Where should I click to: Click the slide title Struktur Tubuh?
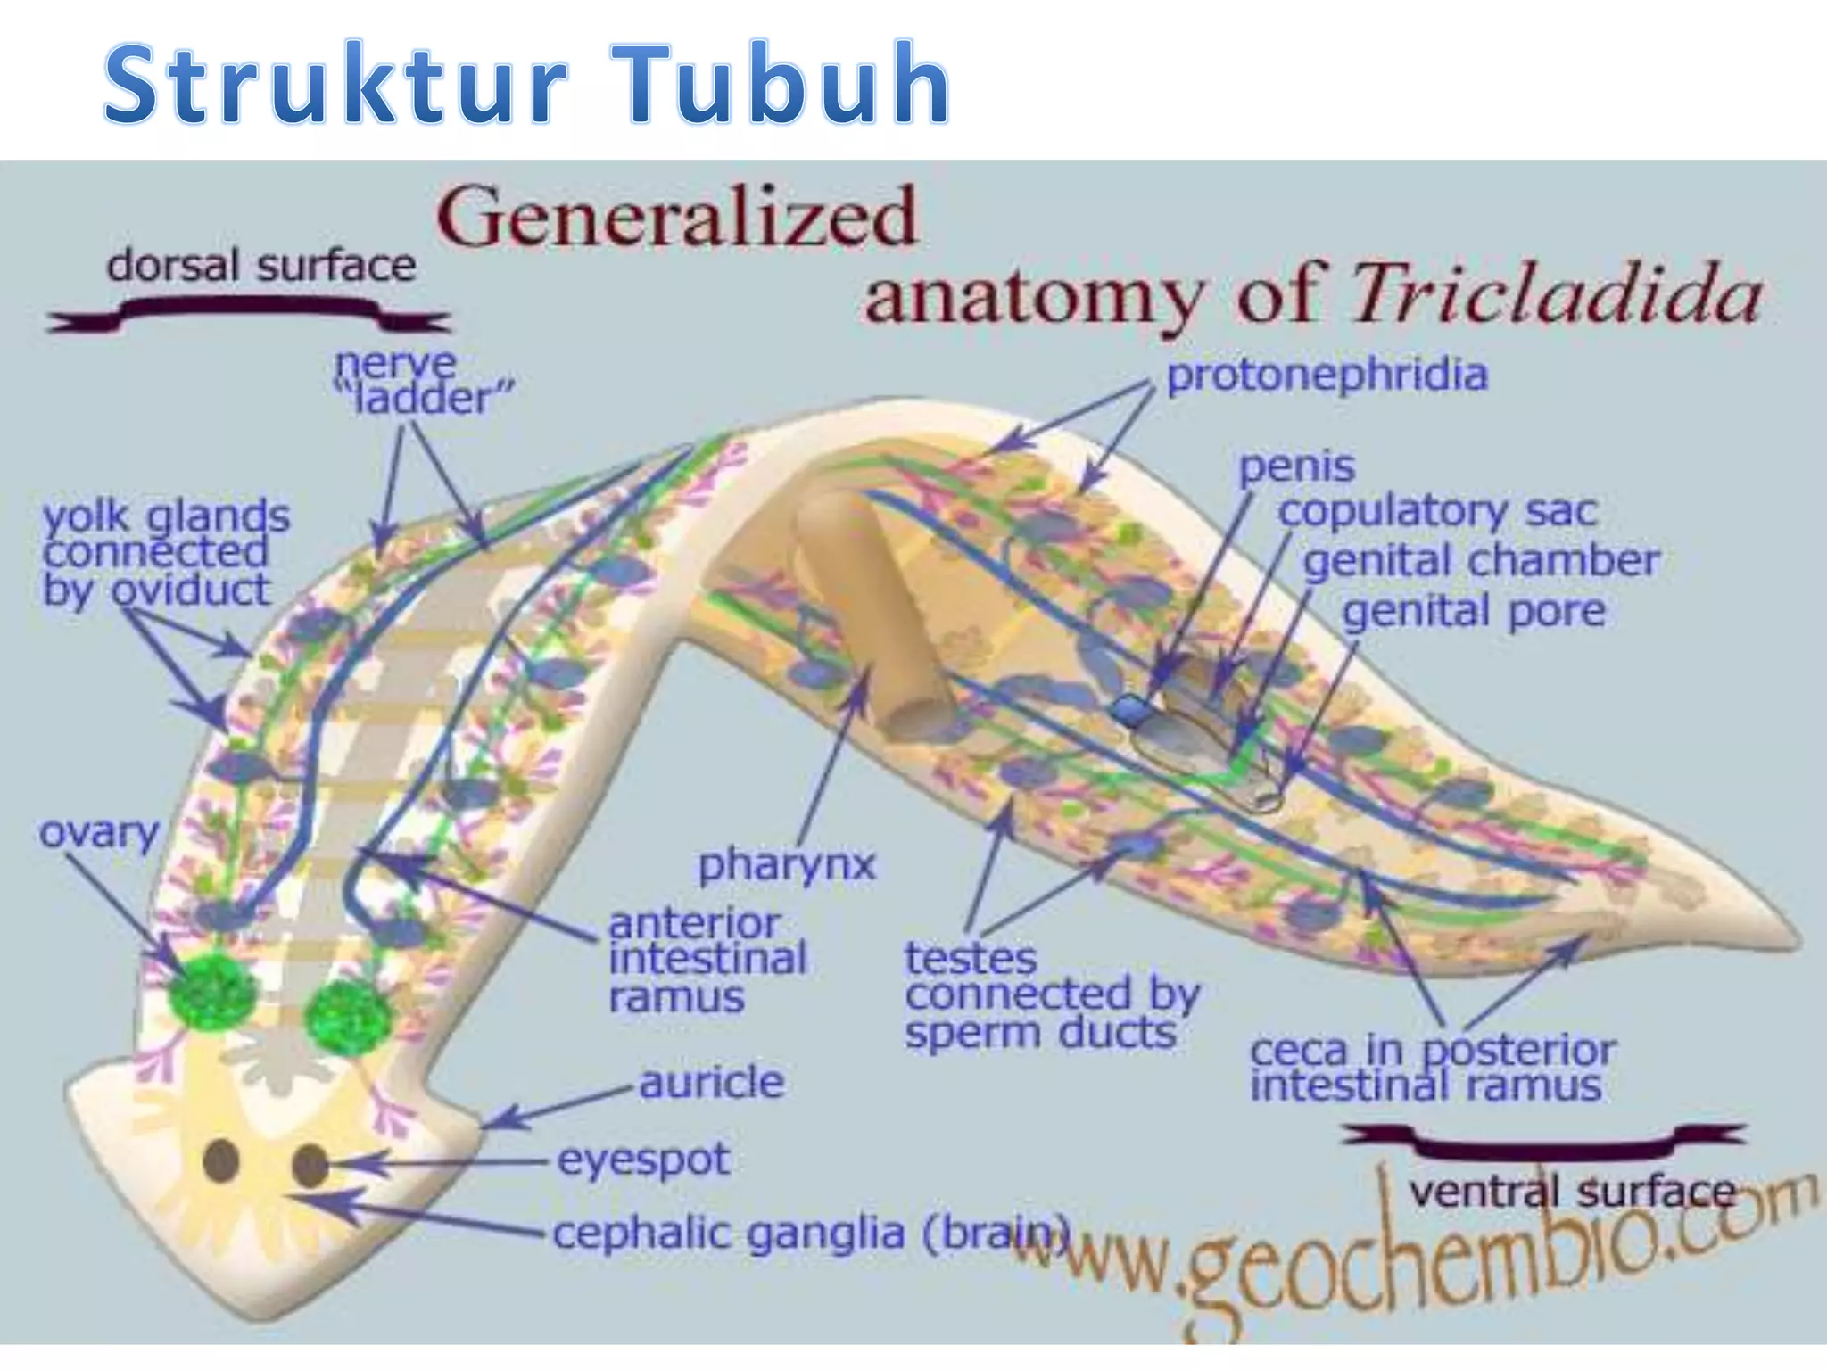pos(526,84)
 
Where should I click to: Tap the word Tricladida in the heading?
pos(1558,294)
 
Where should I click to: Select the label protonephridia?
pos(1327,375)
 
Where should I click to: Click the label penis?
pos(1297,466)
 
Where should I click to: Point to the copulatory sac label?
pos(1437,511)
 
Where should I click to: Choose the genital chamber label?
pos(1481,561)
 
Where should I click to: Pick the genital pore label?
pos(1474,612)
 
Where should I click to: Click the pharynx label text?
pos(787,864)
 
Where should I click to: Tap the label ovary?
pos(98,832)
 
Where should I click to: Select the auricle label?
pos(712,1082)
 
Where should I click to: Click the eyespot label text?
pos(643,1160)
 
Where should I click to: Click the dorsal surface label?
pos(260,266)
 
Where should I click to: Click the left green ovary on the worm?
pos(212,991)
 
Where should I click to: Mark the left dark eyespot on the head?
pos(221,1160)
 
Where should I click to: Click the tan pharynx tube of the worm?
pos(870,615)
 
